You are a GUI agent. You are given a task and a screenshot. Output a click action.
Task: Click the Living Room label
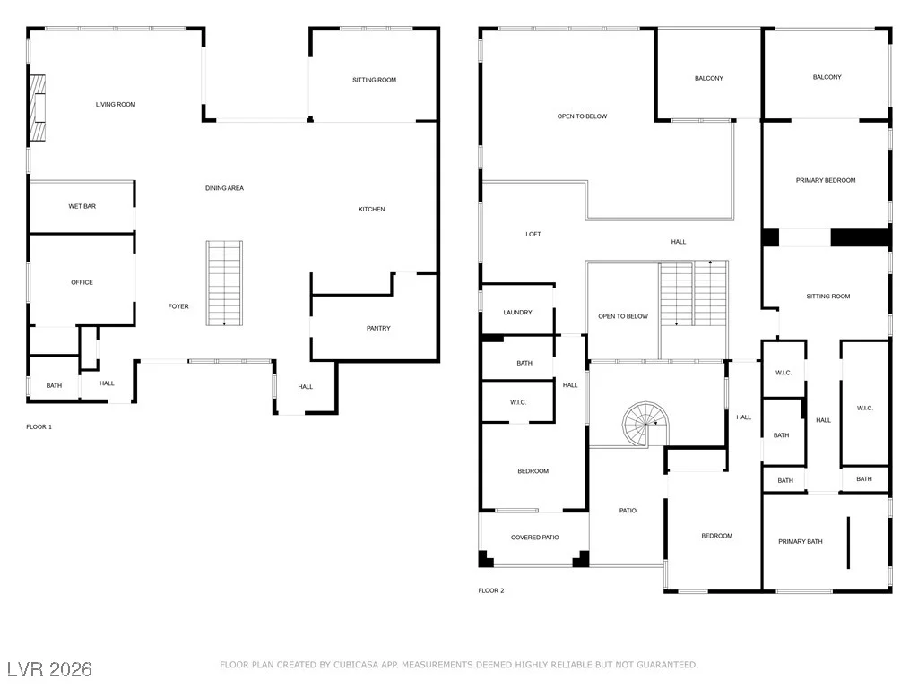[x=116, y=105]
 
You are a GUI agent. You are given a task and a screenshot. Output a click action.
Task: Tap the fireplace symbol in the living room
[x=38, y=107]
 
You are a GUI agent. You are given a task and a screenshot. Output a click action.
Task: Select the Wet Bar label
[x=82, y=207]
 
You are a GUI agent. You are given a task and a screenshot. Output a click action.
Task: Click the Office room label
[x=82, y=282]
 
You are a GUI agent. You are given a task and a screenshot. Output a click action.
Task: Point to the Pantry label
[x=378, y=328]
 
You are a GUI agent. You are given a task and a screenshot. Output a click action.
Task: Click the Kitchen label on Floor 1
[x=372, y=210]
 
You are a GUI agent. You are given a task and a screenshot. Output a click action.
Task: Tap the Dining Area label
[x=224, y=188]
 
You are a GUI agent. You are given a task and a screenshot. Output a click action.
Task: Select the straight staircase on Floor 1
[x=224, y=283]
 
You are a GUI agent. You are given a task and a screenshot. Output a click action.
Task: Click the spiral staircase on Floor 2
[x=645, y=424]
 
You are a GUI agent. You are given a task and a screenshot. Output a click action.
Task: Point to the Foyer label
[x=178, y=306]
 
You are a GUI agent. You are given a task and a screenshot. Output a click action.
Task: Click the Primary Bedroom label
[x=826, y=181]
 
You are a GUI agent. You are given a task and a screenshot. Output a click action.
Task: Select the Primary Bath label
[x=801, y=542]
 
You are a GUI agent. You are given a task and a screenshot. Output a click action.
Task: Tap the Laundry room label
[x=517, y=313]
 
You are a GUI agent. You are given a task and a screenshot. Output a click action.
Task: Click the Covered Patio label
[x=534, y=537]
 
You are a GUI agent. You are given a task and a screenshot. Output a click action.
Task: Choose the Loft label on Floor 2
[x=533, y=235]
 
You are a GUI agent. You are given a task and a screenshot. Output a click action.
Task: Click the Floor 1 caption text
[x=39, y=427]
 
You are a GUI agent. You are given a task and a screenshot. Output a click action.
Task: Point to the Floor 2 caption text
[x=491, y=591]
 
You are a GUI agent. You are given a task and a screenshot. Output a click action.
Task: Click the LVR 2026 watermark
[x=50, y=669]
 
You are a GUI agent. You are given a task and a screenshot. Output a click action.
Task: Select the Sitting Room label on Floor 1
[x=374, y=80]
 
